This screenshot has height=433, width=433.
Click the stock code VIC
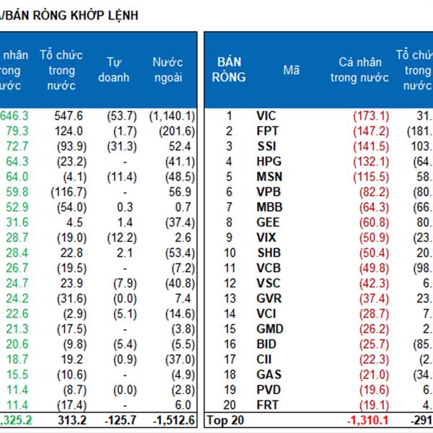(266, 115)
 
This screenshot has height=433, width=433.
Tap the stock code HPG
(268, 162)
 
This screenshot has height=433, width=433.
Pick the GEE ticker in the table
(268, 222)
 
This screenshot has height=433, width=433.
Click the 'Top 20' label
(224, 419)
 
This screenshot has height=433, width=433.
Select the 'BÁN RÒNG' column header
(229, 70)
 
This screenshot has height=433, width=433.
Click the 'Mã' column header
(291, 70)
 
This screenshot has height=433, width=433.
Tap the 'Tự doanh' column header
(118, 69)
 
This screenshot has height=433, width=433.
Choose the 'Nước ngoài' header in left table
(168, 69)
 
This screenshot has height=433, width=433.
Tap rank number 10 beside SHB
(229, 253)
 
